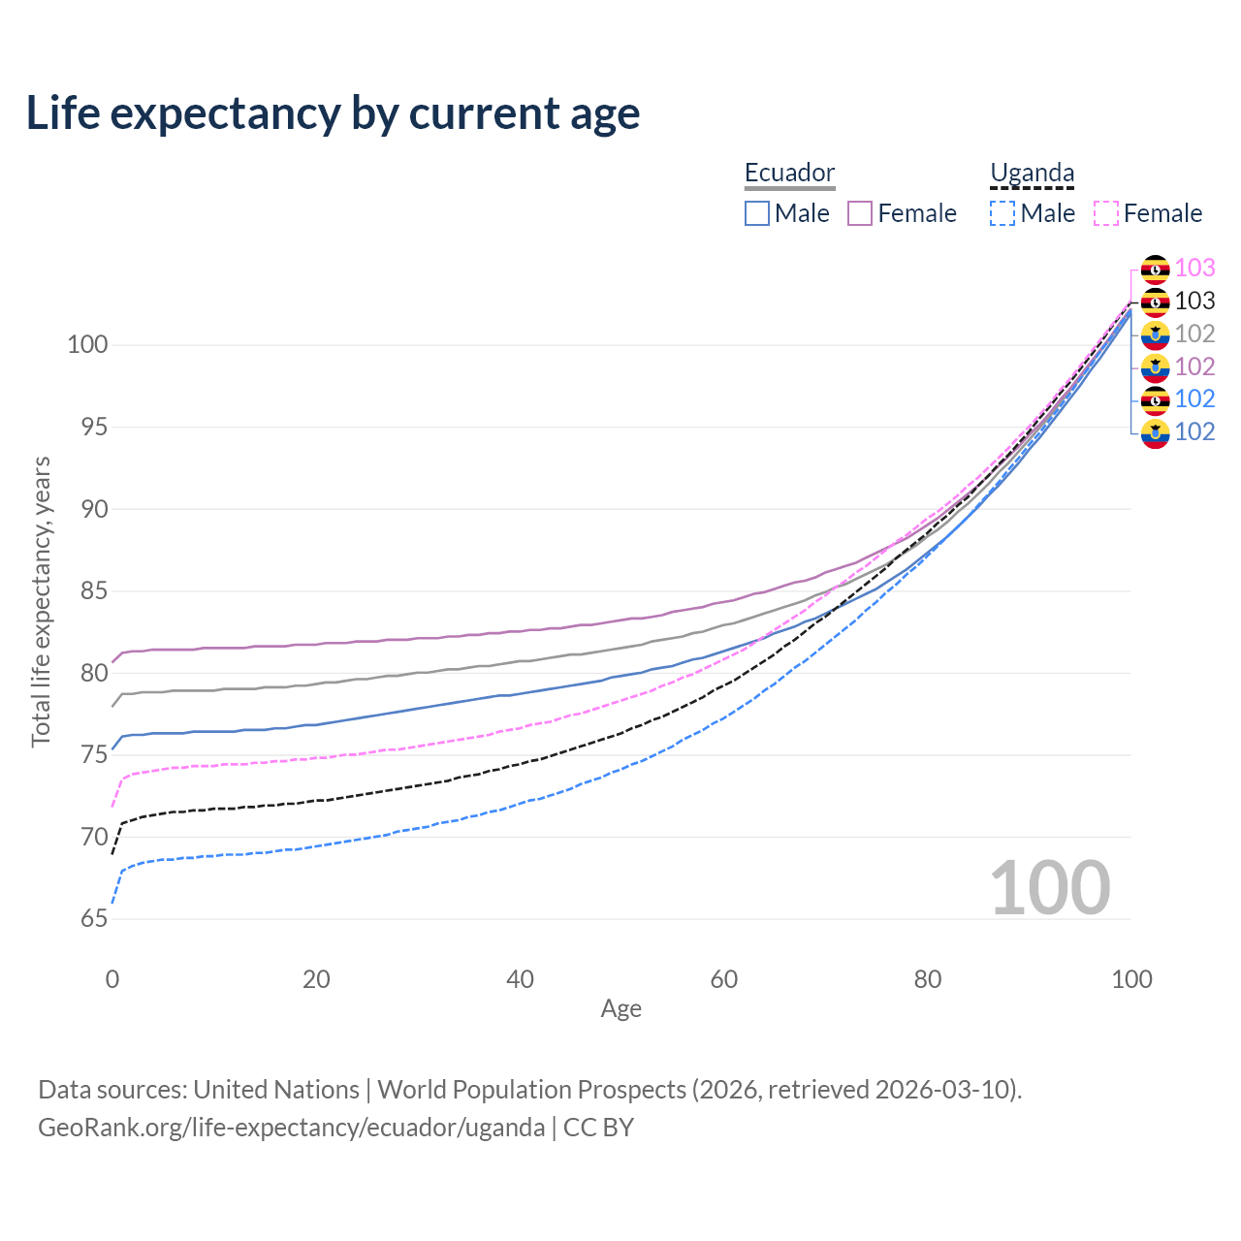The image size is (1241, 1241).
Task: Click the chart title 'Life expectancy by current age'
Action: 333,113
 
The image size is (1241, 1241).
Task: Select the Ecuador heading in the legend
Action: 789,173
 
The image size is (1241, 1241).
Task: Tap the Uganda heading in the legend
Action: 1032,173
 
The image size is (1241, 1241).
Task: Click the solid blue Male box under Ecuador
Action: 757,213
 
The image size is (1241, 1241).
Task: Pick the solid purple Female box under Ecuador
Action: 860,213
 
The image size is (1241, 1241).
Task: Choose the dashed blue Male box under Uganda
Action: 1002,213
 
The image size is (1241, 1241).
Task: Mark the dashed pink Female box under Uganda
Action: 1106,213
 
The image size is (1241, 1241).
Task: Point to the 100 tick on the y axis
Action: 87,344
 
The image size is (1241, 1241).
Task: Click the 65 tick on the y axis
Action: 94,918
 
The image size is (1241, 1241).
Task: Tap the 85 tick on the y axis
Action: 94,590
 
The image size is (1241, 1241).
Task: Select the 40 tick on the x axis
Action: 520,979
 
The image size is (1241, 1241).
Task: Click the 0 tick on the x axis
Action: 112,979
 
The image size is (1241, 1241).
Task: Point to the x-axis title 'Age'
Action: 620,1009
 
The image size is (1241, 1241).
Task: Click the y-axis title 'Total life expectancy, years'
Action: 41,601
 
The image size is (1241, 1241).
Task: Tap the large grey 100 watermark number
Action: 1050,887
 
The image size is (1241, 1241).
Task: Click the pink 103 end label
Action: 1194,268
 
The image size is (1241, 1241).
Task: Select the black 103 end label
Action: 1194,301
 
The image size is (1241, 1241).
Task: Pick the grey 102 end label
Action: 1194,334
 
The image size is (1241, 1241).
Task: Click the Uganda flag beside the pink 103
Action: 1155,269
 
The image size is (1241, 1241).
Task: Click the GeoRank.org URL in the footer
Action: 291,1128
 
